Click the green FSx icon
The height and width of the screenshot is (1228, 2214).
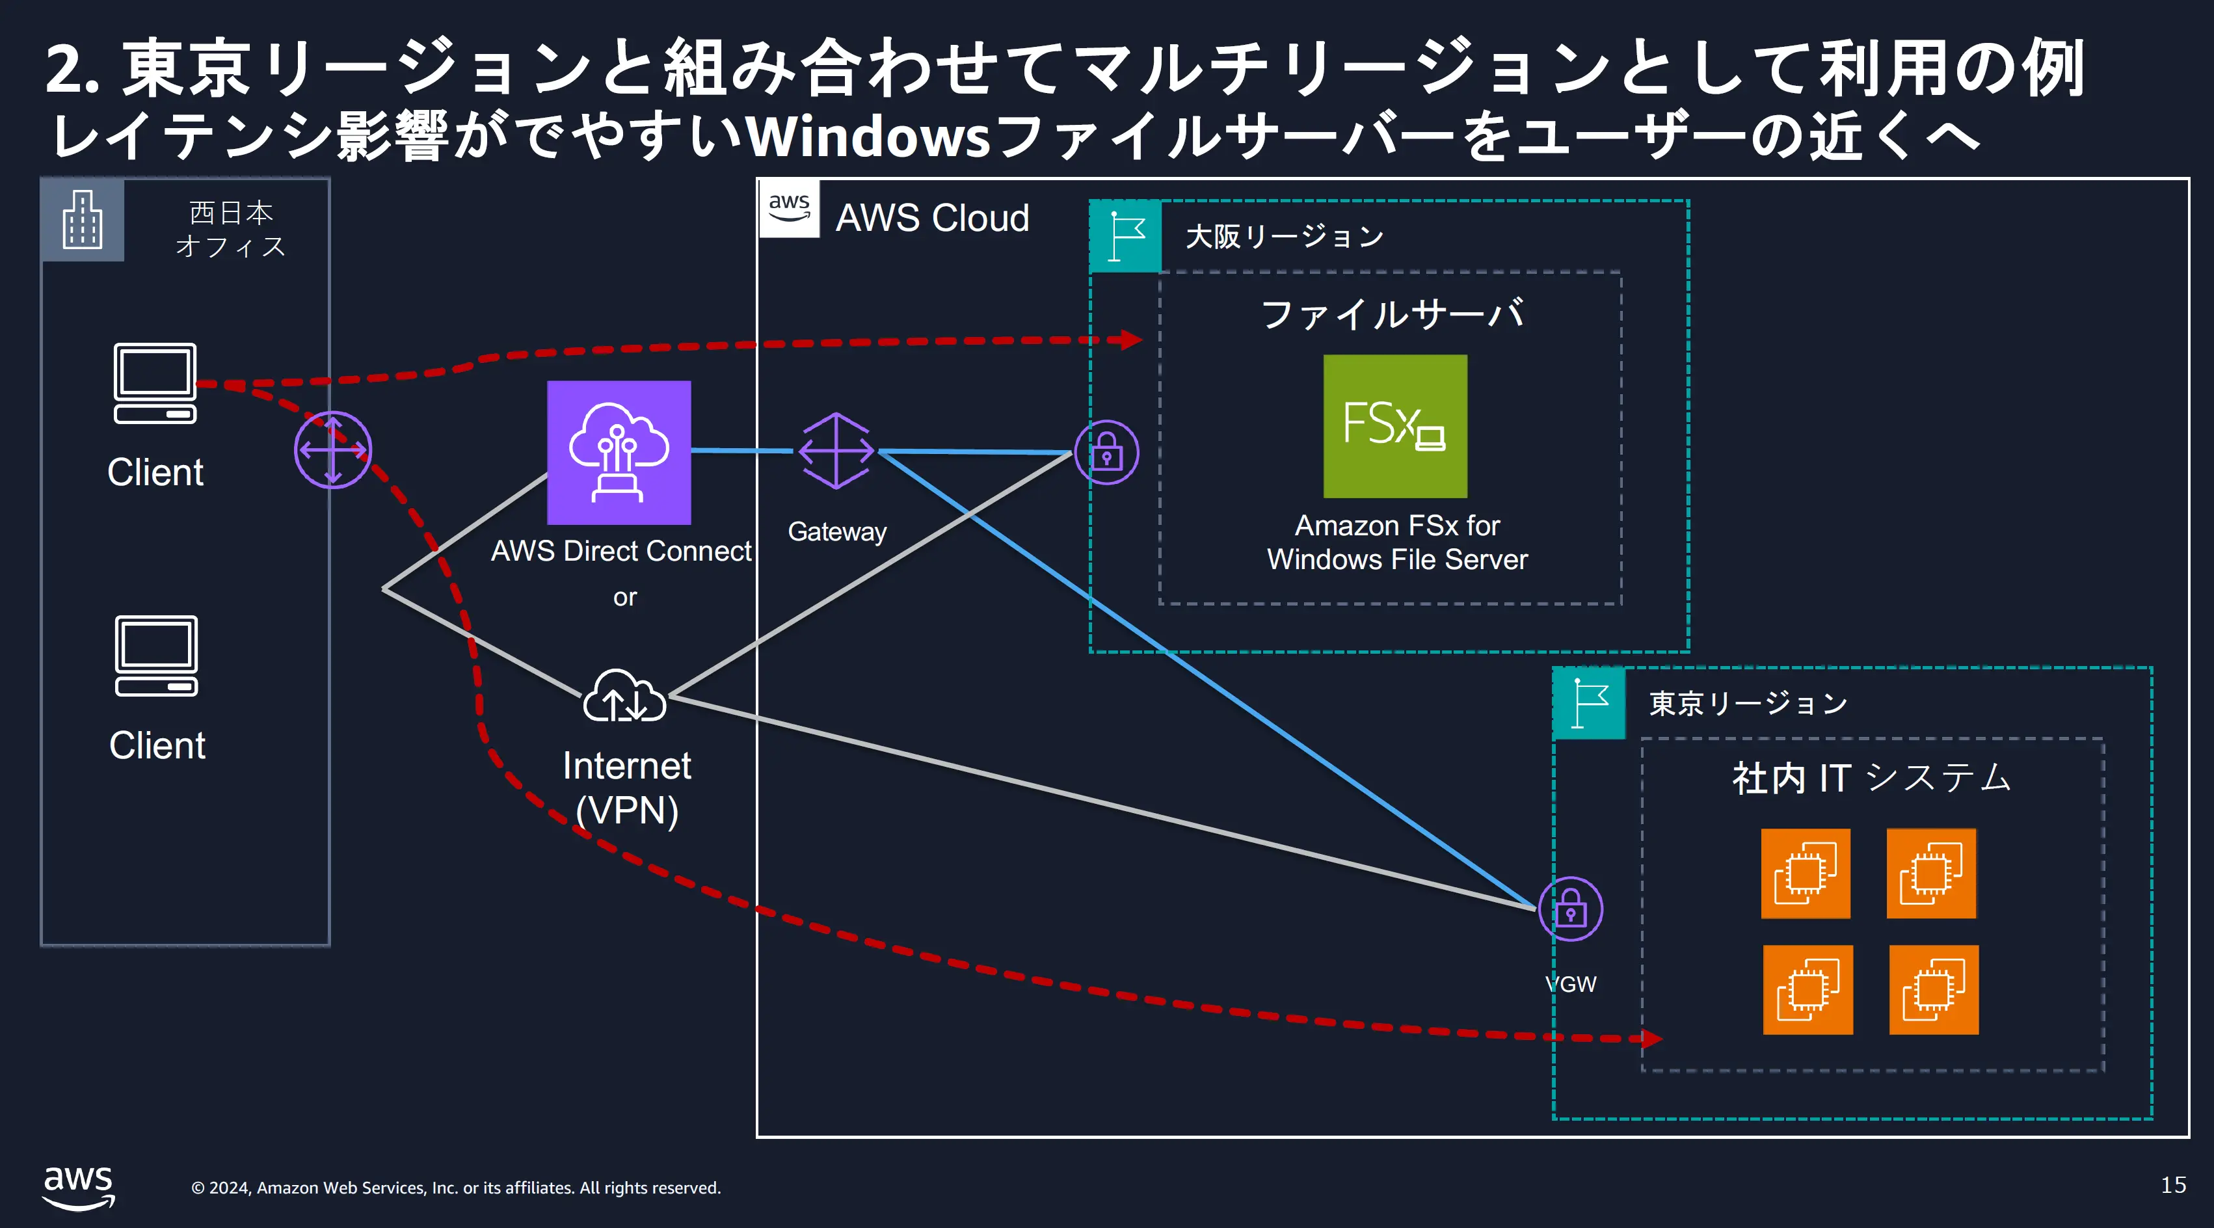tap(1395, 426)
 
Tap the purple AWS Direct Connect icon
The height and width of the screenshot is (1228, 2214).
tap(619, 452)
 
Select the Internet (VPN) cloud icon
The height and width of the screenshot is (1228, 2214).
tap(625, 696)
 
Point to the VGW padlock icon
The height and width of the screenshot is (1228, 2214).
tap(1570, 909)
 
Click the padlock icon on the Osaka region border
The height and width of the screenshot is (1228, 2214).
tap(1107, 452)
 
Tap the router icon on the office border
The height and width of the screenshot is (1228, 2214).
tap(332, 449)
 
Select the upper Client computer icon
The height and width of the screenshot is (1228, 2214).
tap(155, 383)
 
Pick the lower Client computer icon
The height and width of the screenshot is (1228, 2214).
tap(156, 656)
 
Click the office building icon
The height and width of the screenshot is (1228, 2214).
tap(83, 220)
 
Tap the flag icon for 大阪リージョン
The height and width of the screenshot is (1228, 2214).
tap(1126, 236)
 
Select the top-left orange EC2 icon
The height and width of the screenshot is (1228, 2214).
tap(1805, 873)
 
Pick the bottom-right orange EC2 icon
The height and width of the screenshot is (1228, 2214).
tap(1934, 990)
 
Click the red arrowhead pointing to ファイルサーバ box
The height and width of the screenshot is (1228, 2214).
tap(1130, 340)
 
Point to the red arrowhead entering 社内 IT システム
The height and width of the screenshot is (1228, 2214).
tap(1651, 1039)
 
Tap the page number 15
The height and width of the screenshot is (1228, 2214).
tap(2174, 1185)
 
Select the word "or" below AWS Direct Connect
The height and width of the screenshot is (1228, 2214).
tap(625, 597)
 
